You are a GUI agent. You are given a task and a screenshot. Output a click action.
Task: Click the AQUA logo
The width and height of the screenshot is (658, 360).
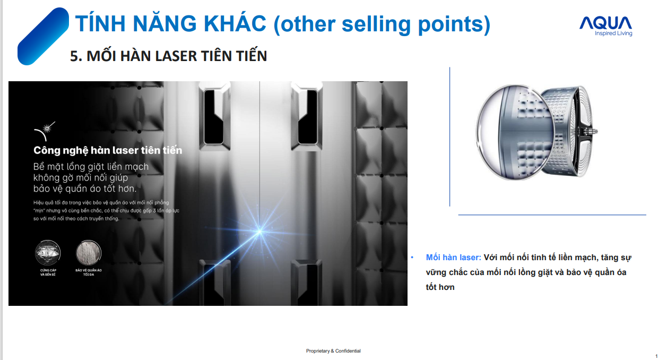pos(605,26)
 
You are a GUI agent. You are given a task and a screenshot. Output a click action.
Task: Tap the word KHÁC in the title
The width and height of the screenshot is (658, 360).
pos(235,23)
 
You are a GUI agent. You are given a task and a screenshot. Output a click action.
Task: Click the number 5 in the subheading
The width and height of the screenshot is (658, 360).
pos(74,56)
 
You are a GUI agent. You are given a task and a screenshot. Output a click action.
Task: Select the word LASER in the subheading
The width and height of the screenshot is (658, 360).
pos(176,56)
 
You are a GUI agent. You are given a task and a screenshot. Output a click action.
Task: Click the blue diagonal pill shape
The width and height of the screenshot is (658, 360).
pos(43,36)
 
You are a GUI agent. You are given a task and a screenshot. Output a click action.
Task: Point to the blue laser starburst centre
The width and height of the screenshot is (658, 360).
pos(259,232)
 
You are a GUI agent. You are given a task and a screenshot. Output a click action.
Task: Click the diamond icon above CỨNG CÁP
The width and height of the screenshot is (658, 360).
pos(48,252)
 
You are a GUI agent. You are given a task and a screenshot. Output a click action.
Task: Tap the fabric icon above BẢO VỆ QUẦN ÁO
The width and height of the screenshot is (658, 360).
pos(89,252)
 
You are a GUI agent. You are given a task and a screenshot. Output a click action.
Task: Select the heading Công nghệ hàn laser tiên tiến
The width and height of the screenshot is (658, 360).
pos(108,150)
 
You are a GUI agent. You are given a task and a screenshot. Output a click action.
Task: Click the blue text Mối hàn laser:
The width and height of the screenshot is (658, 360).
pos(454,258)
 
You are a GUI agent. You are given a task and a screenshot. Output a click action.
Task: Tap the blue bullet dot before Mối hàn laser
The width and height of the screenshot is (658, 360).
pos(412,258)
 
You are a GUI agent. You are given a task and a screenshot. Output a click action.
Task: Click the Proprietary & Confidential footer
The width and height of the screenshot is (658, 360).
pos(333,350)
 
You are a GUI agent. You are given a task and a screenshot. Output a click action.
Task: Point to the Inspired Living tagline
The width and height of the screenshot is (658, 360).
pos(613,33)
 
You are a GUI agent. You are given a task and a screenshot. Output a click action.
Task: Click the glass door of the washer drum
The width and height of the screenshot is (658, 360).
pos(514,132)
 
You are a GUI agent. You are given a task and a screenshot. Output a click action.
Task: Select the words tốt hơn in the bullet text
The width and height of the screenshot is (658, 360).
pos(440,287)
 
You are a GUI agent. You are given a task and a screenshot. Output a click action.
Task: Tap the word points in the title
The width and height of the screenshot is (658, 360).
pos(450,24)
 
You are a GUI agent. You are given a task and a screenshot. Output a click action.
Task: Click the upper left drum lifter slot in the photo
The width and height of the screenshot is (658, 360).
pos(214,116)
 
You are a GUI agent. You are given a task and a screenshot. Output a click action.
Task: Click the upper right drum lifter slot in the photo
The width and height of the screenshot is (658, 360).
pos(307,116)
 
